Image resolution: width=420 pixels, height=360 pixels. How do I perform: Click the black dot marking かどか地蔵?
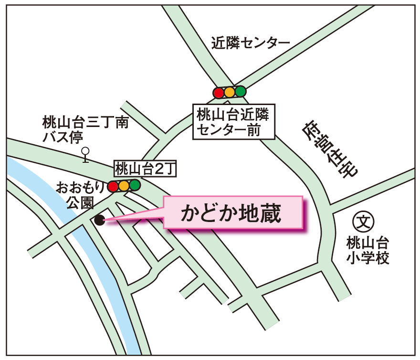(100, 220)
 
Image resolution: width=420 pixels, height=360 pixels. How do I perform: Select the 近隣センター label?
(251, 44)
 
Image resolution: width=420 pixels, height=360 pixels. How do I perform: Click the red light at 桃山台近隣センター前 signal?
(219, 93)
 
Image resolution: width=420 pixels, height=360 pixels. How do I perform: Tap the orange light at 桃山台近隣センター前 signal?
(230, 92)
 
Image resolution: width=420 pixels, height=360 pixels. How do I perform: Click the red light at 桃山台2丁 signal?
(113, 187)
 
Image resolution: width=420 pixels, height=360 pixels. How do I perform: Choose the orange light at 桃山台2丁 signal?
(124, 186)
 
